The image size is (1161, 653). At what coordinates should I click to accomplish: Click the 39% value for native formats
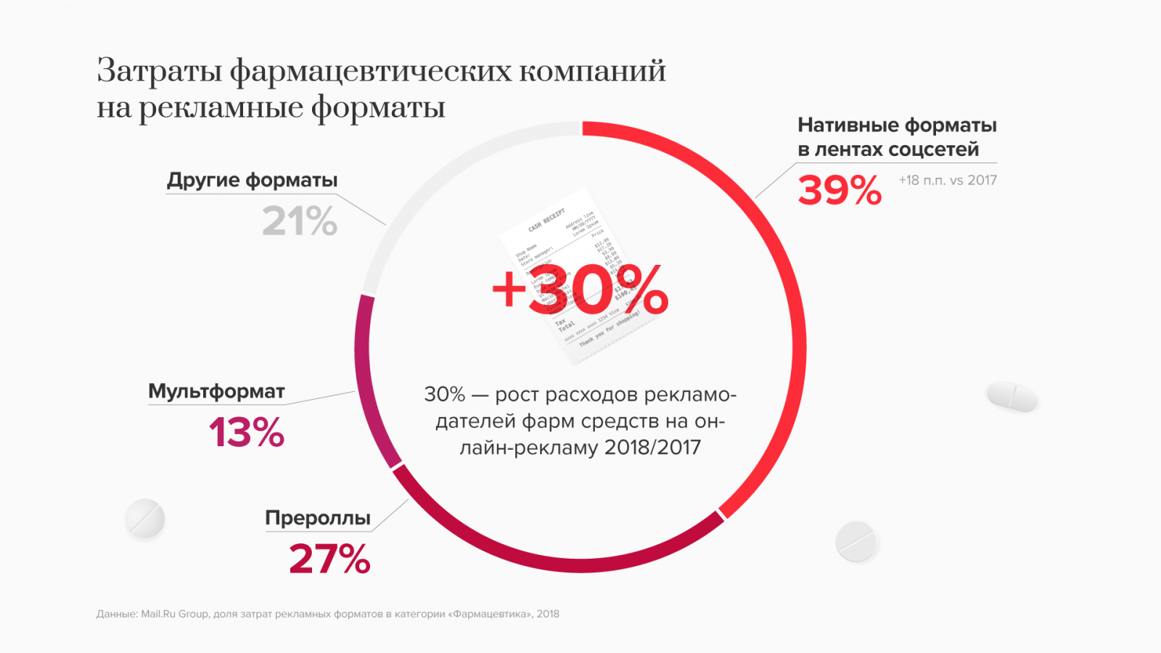840,191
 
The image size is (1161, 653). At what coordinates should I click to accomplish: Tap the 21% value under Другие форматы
300,221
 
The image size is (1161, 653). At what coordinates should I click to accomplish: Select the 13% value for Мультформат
247,432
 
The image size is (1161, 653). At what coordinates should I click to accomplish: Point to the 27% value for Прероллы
329,559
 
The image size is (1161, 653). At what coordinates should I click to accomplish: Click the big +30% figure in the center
580,289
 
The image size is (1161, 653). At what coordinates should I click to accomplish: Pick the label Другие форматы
253,180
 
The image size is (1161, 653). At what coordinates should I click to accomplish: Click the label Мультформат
216,391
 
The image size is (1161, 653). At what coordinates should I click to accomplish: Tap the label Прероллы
318,518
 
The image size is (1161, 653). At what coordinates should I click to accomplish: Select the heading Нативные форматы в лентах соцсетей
897,137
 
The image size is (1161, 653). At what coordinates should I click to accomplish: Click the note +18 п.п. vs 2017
948,180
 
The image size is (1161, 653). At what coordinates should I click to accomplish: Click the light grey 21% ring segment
435,181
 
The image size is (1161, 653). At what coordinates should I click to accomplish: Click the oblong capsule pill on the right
1013,396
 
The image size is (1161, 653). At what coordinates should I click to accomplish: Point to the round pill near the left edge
145,519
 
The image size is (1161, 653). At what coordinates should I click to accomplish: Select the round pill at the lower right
856,541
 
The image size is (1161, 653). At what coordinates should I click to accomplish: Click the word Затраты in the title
159,71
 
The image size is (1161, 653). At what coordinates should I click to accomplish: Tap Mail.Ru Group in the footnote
174,614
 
